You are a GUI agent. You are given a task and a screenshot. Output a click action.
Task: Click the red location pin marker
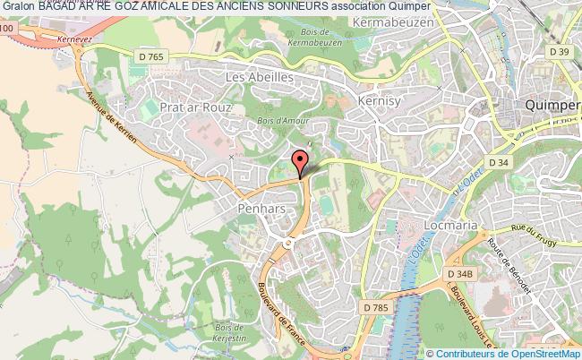click(x=300, y=162)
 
